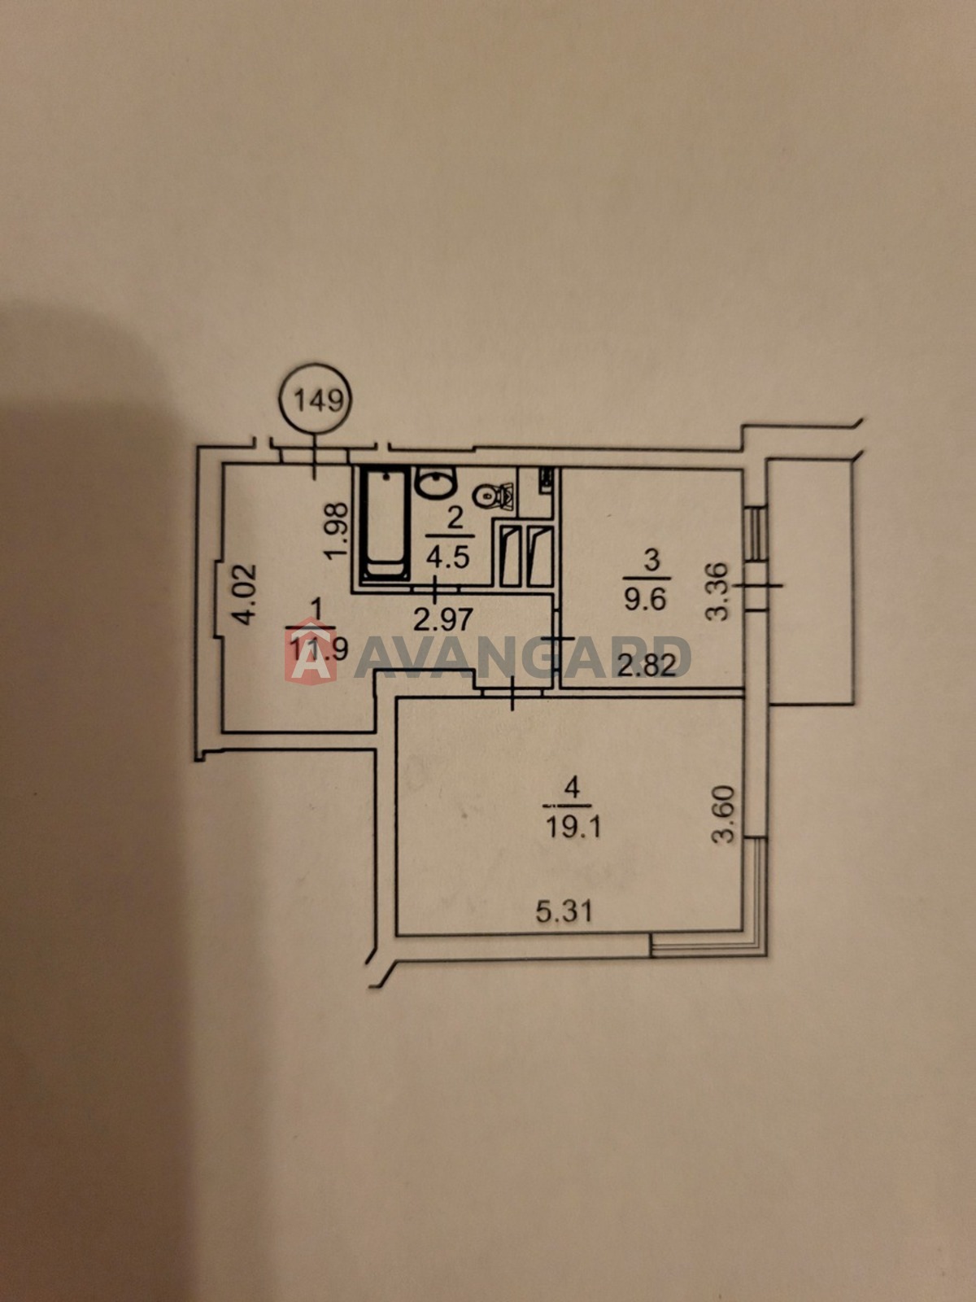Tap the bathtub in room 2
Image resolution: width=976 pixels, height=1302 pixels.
[x=386, y=524]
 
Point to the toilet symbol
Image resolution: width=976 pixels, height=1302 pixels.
[x=494, y=494]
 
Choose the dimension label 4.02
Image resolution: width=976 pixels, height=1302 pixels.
[x=244, y=594]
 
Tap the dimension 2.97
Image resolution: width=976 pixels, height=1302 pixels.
[x=443, y=620]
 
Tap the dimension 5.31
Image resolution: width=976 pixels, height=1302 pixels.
[x=564, y=911]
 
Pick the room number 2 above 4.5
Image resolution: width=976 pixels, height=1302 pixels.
[x=454, y=520]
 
